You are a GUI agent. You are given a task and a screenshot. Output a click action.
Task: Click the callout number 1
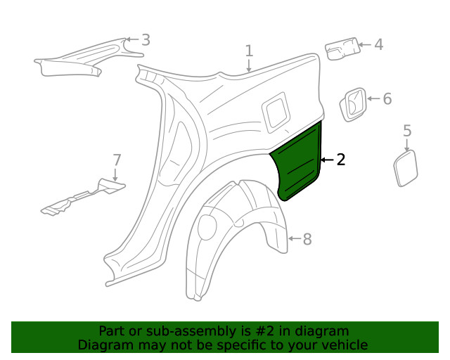click(x=249, y=50)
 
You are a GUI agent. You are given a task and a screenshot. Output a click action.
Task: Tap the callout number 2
click(x=341, y=160)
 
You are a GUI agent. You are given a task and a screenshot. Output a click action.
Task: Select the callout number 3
click(x=146, y=40)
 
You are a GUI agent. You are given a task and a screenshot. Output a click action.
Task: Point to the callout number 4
click(x=378, y=45)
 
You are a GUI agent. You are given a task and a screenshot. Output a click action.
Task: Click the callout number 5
click(x=407, y=130)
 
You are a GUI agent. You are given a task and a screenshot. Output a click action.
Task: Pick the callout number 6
click(x=387, y=98)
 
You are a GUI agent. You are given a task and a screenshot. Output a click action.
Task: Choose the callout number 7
click(x=117, y=160)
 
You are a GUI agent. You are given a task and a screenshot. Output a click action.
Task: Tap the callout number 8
click(x=307, y=239)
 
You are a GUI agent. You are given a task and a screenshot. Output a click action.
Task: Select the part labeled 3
click(x=77, y=60)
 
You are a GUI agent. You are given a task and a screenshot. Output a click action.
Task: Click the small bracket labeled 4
click(x=341, y=49)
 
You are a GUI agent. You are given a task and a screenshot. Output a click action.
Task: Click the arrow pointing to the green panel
click(x=326, y=160)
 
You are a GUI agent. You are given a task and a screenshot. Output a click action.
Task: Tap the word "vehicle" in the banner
click(x=342, y=345)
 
